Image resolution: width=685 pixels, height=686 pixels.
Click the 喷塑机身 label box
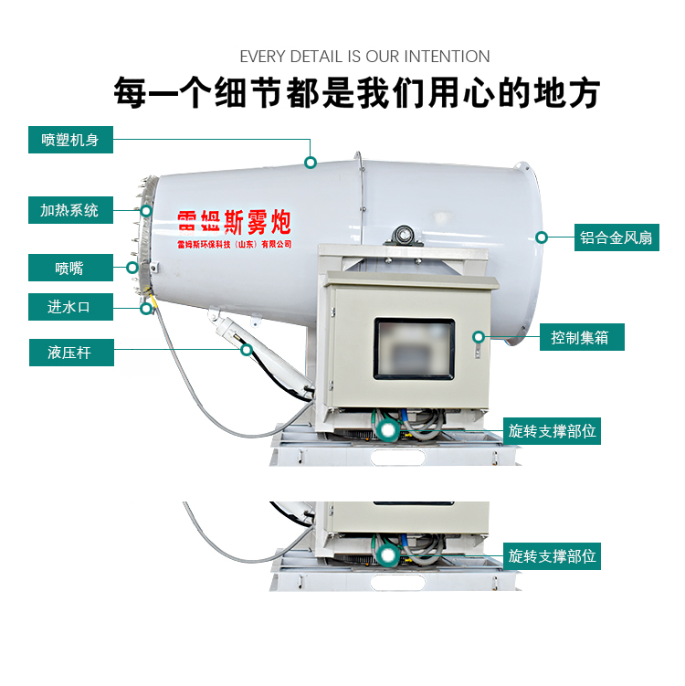point(70,140)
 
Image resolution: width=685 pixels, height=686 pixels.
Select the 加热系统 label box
point(70,210)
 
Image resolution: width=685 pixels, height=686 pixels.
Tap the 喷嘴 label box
point(70,268)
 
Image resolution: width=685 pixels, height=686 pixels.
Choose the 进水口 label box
point(70,307)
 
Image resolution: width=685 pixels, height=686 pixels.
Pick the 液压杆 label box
point(71,353)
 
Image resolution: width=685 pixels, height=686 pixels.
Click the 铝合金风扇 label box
point(616,237)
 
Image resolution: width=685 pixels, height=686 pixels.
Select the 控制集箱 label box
point(582,337)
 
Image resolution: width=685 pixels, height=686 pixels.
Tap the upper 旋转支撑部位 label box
point(552,431)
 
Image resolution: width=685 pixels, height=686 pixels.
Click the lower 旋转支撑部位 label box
point(552,556)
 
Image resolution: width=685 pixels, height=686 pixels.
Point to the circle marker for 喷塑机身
point(311,163)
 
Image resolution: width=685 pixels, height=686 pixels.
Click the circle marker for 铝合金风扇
point(542,237)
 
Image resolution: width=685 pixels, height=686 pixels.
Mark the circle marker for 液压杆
point(247,350)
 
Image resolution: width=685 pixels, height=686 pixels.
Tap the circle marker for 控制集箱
point(479,337)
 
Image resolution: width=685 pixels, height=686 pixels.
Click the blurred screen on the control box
point(414,349)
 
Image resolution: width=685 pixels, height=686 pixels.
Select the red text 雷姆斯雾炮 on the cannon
point(235,222)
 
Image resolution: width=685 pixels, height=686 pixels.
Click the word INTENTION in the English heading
point(447,57)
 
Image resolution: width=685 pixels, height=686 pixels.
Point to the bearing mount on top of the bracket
point(404,237)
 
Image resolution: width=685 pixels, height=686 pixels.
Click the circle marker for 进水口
point(146,309)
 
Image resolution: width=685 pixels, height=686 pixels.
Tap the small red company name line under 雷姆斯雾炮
point(235,244)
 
